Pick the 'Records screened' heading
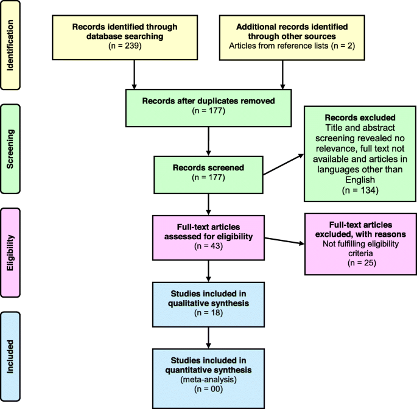pyautogui.click(x=208, y=167)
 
